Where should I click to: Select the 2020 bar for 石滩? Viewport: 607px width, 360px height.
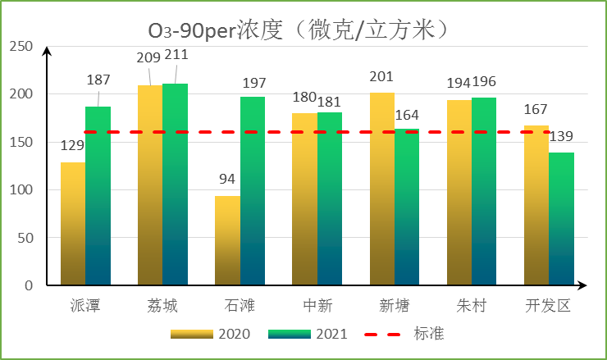(227, 240)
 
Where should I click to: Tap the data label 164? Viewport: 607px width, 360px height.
(407, 114)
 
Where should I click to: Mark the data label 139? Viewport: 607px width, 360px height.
(562, 136)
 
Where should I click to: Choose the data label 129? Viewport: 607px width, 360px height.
(73, 145)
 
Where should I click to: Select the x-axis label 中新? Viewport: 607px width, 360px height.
(317, 306)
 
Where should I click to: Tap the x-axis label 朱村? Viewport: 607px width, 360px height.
(472, 306)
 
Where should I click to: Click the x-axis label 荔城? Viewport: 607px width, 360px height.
(163, 306)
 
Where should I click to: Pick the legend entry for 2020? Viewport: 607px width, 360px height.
(209, 335)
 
